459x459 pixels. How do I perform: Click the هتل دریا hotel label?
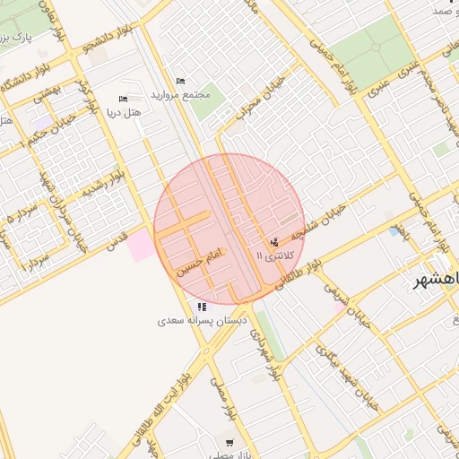coord(124,113)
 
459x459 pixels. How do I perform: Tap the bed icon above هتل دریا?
coord(124,99)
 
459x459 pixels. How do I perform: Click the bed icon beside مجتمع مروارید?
coord(180,82)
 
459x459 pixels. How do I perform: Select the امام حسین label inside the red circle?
coord(198,263)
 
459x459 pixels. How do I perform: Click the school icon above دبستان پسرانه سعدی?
coord(201,307)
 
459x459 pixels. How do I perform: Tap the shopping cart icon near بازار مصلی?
coord(230,443)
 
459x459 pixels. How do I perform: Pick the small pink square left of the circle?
coord(141,246)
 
